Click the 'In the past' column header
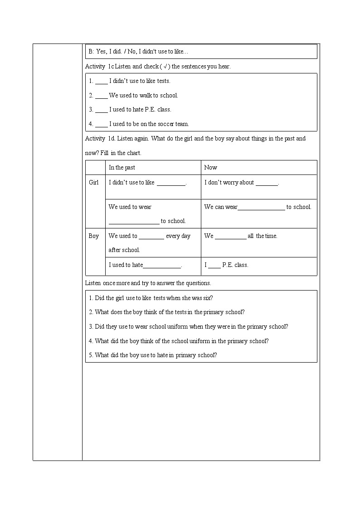(x=122, y=168)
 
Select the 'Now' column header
(x=210, y=168)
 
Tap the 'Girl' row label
(x=94, y=183)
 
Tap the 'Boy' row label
(x=94, y=236)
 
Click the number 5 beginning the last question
(x=91, y=355)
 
